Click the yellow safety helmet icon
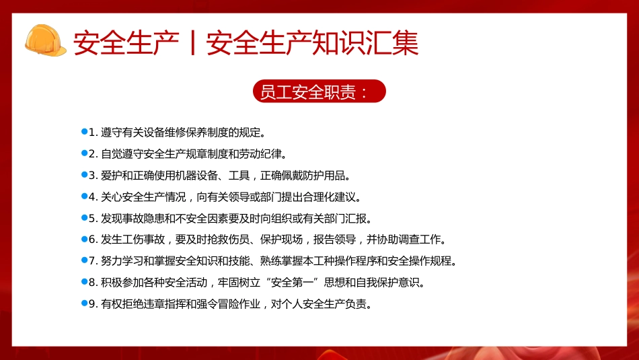click(x=45, y=40)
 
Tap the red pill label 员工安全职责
click(x=319, y=92)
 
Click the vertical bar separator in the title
click(x=193, y=43)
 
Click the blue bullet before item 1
click(x=84, y=131)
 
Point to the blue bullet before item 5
click(x=84, y=218)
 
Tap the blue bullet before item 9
click(x=84, y=303)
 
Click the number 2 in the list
click(x=93, y=154)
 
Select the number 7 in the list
click(x=93, y=261)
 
